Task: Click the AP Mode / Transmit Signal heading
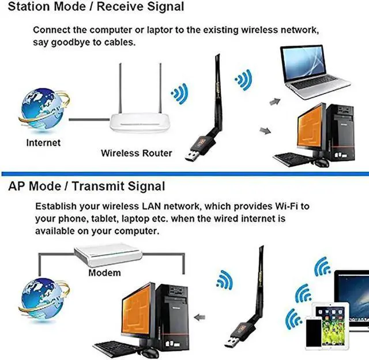[86, 187]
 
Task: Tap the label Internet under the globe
[43, 142]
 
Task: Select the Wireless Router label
[136, 153]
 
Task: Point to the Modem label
[104, 272]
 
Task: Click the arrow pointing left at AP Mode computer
[201, 317]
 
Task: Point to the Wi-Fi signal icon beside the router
[180, 92]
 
